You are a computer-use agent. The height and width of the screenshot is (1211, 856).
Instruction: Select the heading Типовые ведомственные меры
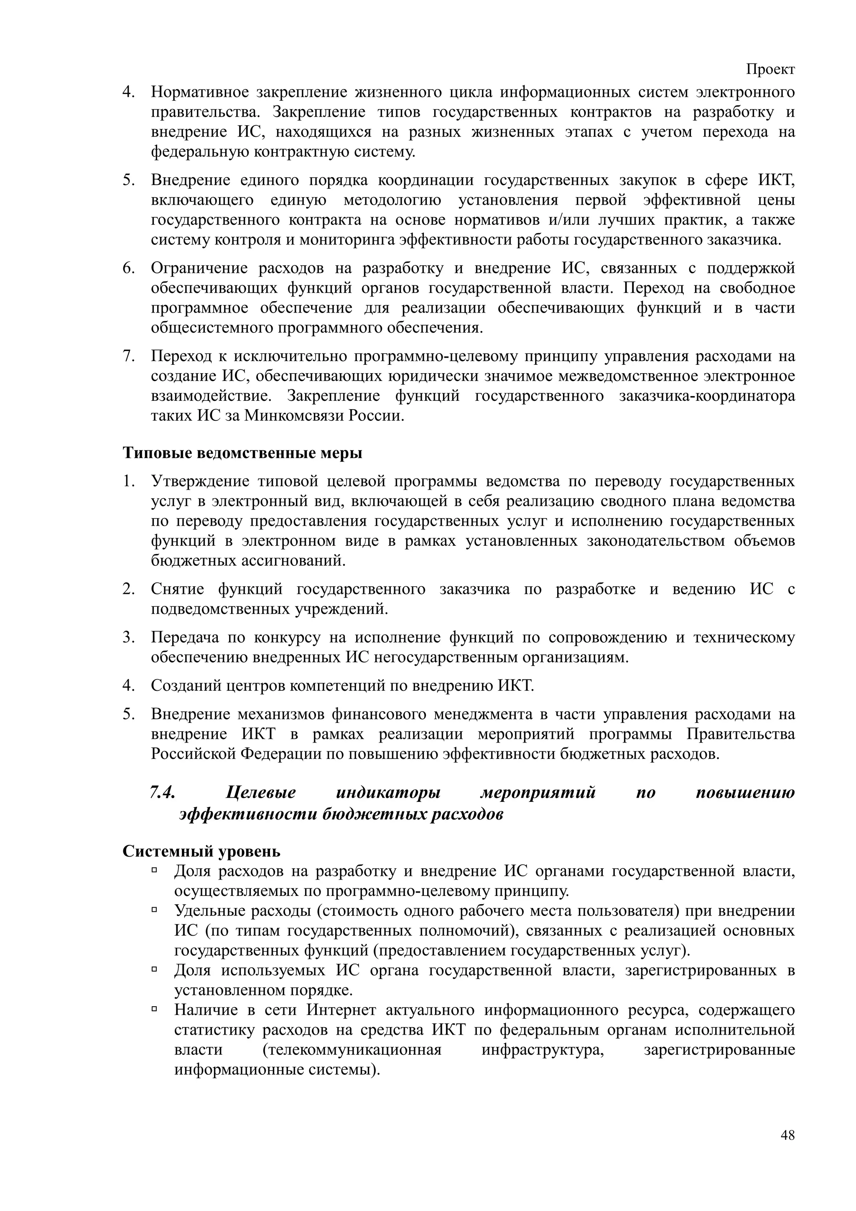(242, 453)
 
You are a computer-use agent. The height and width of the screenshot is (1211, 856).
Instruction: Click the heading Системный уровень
(201, 851)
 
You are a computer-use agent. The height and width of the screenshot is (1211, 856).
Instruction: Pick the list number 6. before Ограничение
(129, 268)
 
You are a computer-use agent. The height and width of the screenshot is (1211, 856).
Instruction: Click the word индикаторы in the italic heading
(388, 792)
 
